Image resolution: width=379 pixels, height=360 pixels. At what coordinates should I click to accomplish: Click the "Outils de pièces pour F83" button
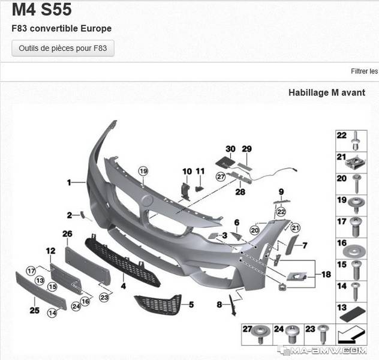tap(63, 48)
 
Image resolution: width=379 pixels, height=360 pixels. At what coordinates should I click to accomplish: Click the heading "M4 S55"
tap(42, 10)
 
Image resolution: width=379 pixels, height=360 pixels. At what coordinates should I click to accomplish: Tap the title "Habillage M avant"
tap(327, 92)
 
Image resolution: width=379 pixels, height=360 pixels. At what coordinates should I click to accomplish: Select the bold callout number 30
tap(230, 149)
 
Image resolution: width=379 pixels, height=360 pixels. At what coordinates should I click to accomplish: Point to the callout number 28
tap(240, 192)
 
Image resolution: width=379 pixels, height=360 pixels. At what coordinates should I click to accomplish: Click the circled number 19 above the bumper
tap(143, 171)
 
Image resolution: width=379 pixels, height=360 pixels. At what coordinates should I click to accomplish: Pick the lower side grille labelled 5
tap(158, 305)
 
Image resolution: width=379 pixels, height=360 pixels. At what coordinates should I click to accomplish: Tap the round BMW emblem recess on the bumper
tap(147, 200)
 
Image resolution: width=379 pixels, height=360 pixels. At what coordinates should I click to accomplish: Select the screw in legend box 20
tap(357, 184)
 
